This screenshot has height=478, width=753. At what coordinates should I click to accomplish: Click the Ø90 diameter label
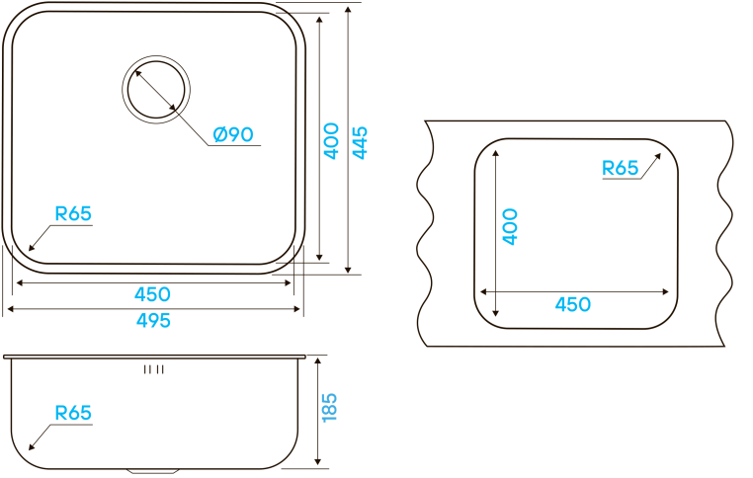233,134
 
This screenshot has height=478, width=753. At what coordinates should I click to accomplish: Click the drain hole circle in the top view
154,89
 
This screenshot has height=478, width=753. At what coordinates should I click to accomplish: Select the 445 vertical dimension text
360,143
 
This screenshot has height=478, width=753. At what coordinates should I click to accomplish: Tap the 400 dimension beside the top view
331,140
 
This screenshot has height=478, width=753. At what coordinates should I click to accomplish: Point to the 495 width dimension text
153,320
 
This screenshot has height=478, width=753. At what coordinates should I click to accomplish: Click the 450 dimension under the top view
153,294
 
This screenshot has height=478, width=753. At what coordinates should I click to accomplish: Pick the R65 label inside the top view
73,213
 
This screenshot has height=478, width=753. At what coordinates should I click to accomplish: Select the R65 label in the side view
73,413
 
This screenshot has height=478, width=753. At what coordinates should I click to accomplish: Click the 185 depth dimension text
330,408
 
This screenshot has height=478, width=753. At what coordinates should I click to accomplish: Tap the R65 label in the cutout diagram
621,168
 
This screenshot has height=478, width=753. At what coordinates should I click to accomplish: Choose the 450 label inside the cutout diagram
572,304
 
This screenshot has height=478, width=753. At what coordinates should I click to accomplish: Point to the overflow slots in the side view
153,369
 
